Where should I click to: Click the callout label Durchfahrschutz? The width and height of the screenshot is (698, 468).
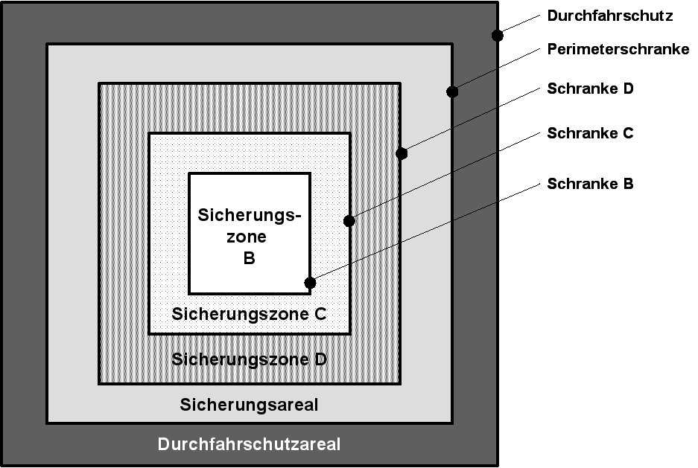coord(609,15)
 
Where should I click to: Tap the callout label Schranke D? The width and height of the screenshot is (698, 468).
coord(590,89)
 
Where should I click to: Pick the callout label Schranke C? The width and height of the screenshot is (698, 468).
coord(590,134)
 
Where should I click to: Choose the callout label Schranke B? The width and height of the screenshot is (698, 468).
coord(590,184)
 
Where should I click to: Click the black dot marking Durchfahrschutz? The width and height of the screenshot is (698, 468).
coord(498,35)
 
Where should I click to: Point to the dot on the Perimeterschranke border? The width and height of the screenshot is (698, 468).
coord(451,92)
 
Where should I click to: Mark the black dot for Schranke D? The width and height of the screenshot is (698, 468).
coord(402,154)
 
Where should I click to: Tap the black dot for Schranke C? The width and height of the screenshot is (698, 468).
coord(349,220)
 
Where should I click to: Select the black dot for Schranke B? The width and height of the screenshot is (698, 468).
coord(310,283)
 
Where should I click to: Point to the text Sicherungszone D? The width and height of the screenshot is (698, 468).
coord(249,359)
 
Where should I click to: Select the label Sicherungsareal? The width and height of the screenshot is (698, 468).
coord(249,406)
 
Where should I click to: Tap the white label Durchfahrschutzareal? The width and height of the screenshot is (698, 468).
coord(249,445)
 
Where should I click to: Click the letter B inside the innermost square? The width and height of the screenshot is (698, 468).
coord(249,259)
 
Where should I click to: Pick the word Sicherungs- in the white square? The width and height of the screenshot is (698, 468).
coord(249,215)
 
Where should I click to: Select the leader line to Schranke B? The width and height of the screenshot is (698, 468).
coord(425,232)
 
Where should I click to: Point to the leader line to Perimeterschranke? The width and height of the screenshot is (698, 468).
coord(495,71)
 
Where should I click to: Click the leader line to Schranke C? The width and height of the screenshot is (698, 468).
coord(443,177)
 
